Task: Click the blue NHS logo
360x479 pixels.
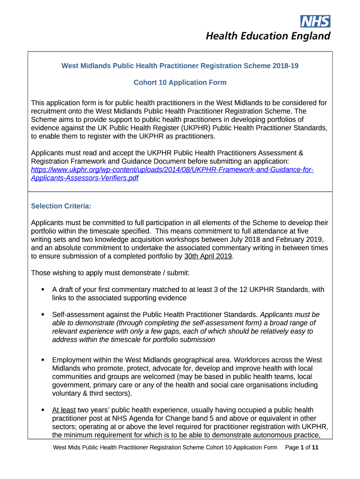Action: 315,21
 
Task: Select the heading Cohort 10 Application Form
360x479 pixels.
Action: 180,83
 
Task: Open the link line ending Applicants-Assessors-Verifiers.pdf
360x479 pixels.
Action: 85,178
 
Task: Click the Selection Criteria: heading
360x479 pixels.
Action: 61,206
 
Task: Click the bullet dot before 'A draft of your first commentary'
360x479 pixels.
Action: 43,290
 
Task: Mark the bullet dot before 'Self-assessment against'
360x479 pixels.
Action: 43,314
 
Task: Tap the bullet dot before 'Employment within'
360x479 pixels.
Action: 43,360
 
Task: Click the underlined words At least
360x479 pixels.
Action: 64,410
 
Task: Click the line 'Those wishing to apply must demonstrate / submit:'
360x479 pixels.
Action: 110,272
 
